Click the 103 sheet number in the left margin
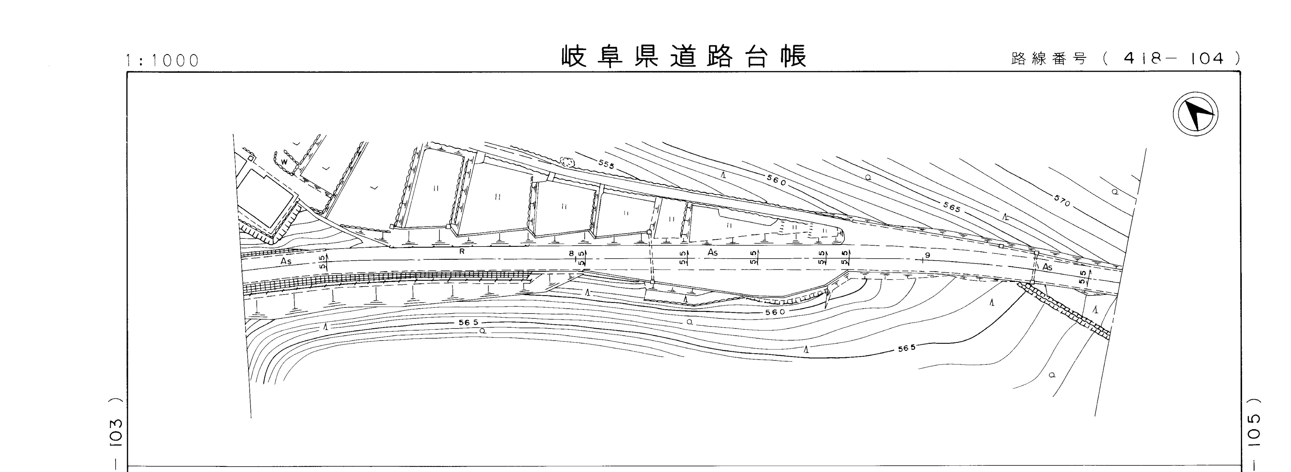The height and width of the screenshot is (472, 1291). pos(116,432)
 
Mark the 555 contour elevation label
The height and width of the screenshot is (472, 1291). pos(606,164)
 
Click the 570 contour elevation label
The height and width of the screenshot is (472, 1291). pos(1062,202)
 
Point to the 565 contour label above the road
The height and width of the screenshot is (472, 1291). pos(952,207)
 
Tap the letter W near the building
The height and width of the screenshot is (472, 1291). pos(284,161)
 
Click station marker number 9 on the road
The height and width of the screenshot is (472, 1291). pos(927,256)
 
